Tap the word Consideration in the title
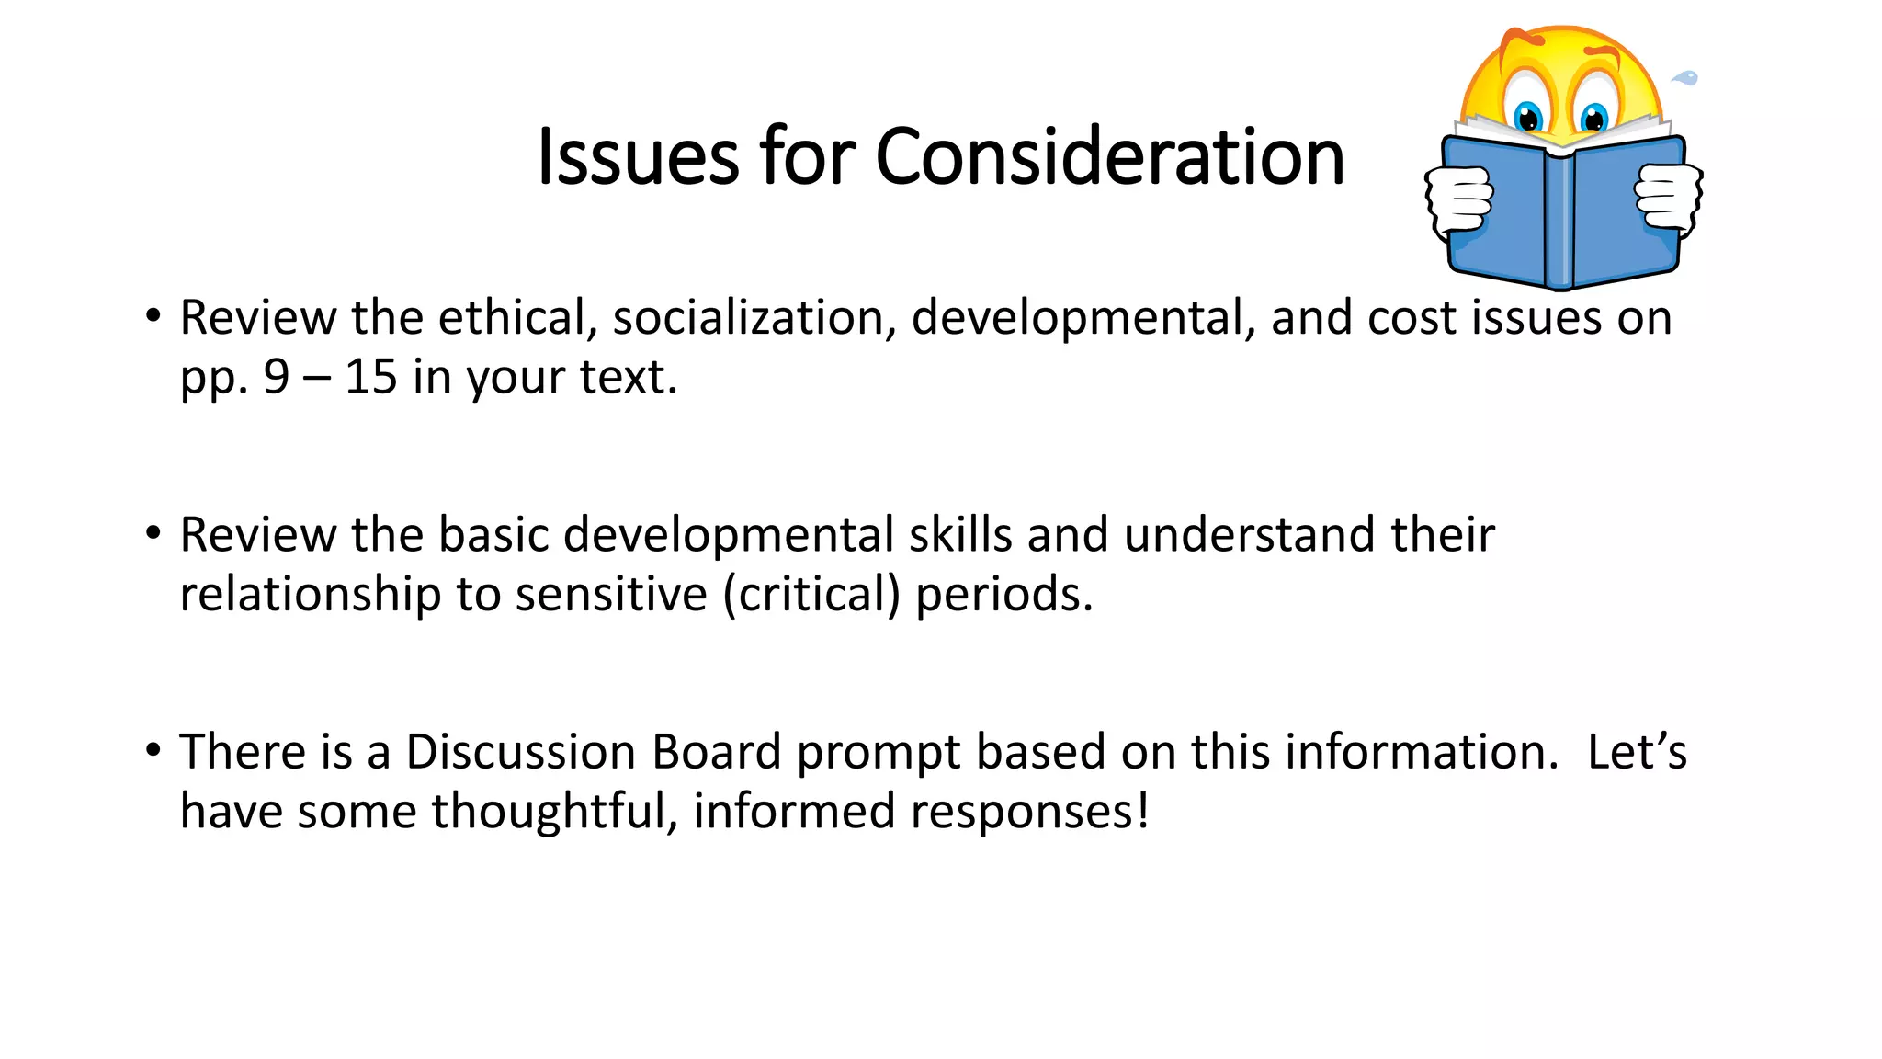pos(1109,157)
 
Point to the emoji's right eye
pos(1593,118)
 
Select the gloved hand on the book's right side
pos(1668,196)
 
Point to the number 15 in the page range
pos(370,377)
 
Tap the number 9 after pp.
pos(277,377)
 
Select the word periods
pos(1003,595)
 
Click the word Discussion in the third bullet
pos(520,752)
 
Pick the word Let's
pos(1636,752)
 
